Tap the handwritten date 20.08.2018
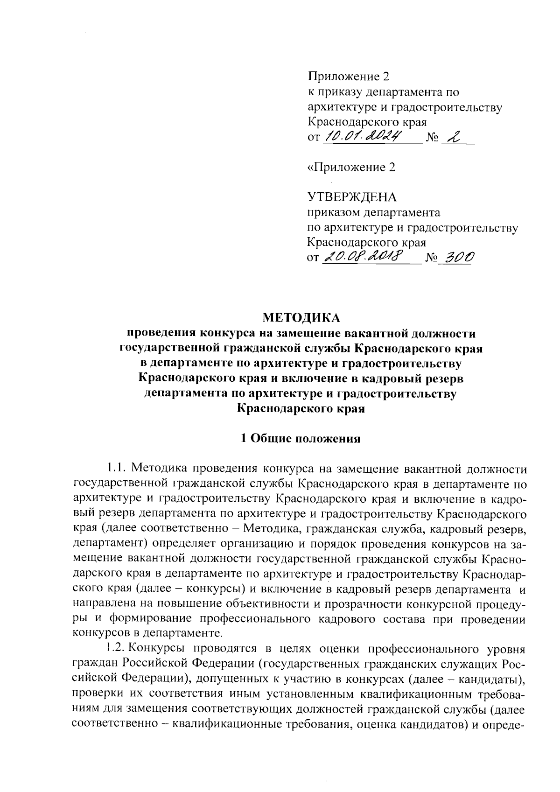365,256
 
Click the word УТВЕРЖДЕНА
351,197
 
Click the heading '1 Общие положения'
301,439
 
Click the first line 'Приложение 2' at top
348,77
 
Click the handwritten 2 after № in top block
452,136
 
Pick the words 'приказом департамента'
373,213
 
